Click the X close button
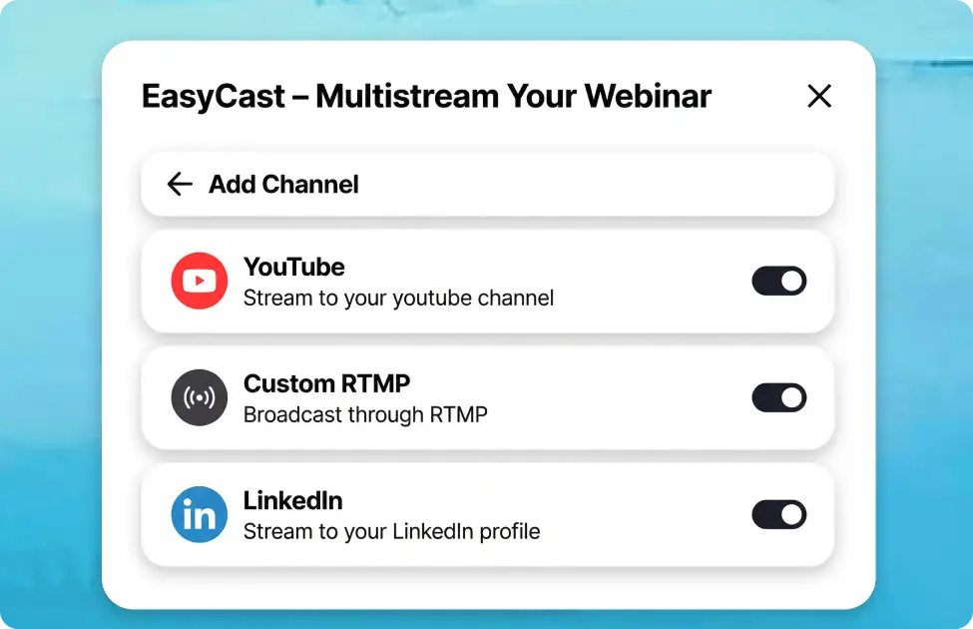[x=819, y=96]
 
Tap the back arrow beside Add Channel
[x=180, y=184]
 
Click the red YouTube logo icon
[x=200, y=282]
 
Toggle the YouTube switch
[x=778, y=282]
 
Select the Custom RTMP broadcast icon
[x=200, y=398]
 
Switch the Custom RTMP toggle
[x=778, y=398]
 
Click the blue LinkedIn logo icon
[x=200, y=515]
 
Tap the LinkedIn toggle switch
[x=778, y=515]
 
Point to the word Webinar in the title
[x=648, y=97]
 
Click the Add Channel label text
[x=283, y=185]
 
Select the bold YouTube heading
[x=294, y=268]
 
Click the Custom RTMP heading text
[x=326, y=384]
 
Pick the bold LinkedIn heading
[x=293, y=501]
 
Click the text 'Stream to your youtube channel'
[x=398, y=299]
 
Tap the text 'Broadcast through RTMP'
[x=365, y=415]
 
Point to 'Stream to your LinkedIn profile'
[x=391, y=532]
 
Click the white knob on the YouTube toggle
[x=792, y=282]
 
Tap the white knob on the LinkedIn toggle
[x=792, y=515]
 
